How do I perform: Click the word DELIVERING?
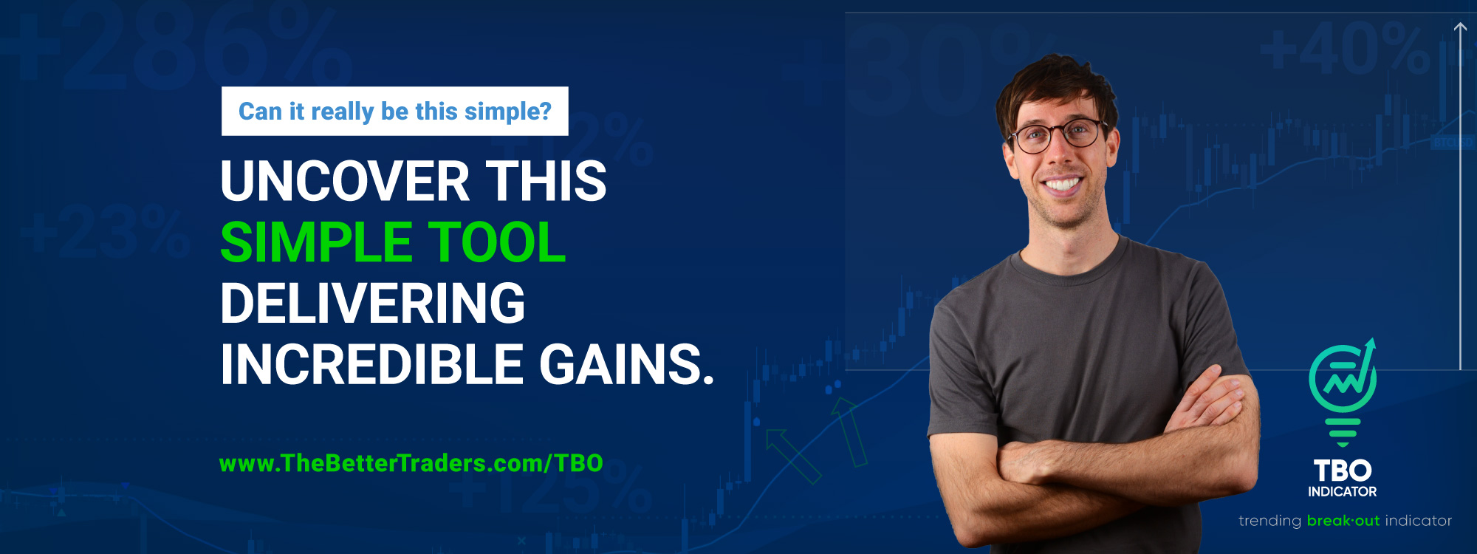[373, 304]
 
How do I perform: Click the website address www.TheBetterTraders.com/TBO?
[411, 463]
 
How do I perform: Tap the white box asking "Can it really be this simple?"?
[394, 112]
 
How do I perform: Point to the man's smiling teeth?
[1062, 184]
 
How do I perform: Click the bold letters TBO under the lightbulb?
[1343, 471]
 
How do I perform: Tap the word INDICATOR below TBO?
[1343, 492]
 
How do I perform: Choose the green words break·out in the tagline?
[1343, 521]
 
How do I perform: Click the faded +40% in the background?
[1344, 50]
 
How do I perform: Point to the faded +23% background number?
[107, 233]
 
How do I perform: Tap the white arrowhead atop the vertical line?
[1460, 28]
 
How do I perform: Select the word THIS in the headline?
[546, 182]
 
